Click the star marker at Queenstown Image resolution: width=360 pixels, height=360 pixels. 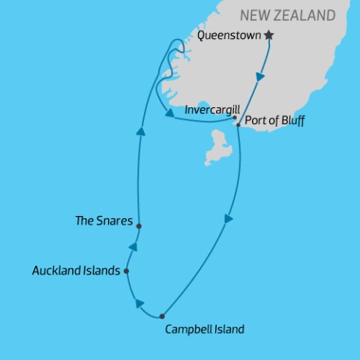coord(269,35)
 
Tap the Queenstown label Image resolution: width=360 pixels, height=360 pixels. coord(232,35)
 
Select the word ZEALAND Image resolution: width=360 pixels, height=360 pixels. coord(307,16)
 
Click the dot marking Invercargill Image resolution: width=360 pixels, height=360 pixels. coord(235,117)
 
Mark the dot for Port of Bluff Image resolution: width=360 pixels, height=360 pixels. coord(238,124)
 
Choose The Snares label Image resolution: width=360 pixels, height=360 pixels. coord(104,221)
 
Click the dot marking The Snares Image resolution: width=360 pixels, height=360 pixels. coord(139,225)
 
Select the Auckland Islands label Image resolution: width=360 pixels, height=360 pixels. coord(76,271)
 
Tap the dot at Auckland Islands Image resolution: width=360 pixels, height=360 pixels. coord(126,271)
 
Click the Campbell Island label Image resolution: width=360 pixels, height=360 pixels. coord(203,328)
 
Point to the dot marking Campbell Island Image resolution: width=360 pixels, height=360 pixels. coord(162,316)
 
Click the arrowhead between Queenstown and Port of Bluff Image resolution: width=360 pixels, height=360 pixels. coord(260,76)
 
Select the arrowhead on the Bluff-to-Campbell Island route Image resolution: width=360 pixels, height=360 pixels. coord(228,218)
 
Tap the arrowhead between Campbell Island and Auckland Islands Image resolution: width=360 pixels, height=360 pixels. coord(139,303)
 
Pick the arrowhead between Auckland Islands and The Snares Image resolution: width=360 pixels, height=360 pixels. coord(133,247)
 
